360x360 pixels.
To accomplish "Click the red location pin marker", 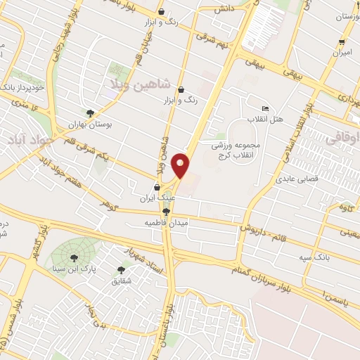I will (181, 165).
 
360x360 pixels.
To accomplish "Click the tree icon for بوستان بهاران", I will (90, 113).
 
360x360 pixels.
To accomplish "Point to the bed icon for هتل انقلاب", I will (264, 109).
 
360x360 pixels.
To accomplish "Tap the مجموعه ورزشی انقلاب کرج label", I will (236, 149).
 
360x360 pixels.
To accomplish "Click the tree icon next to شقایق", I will (121, 269).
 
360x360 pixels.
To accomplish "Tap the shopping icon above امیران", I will (342, 41).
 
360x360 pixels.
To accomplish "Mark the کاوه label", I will (344, 207).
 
